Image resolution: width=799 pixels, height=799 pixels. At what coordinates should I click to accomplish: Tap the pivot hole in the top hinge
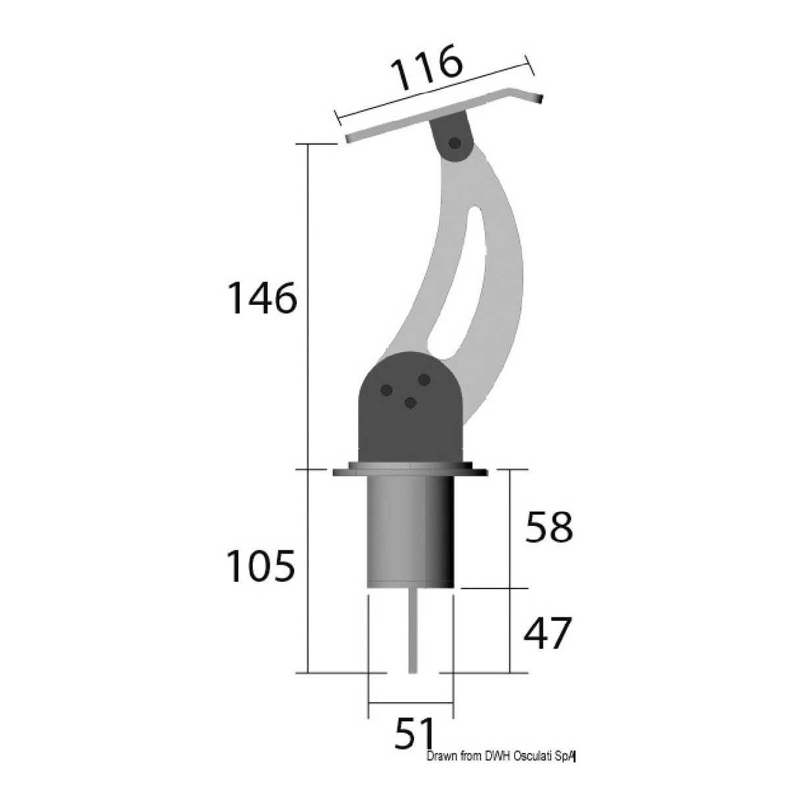click(453, 143)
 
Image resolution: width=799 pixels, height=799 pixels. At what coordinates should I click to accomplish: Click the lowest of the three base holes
click(411, 403)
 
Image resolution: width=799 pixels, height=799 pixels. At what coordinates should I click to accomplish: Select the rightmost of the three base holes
click(425, 380)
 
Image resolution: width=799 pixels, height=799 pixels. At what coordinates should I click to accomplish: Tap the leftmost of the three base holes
click(388, 390)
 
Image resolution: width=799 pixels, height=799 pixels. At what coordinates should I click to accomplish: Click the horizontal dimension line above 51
click(411, 703)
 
